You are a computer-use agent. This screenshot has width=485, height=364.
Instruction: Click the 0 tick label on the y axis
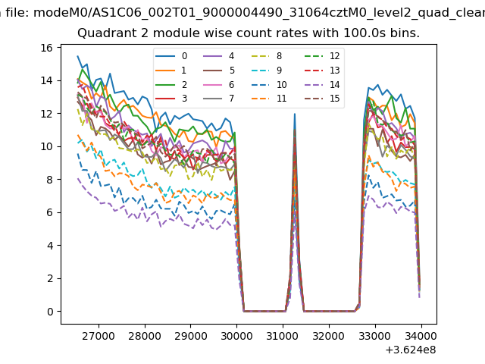coord(49,312)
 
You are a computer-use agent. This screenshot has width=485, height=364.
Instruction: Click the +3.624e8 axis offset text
coord(410,350)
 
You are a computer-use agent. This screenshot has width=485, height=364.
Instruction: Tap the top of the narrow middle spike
coord(294,115)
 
